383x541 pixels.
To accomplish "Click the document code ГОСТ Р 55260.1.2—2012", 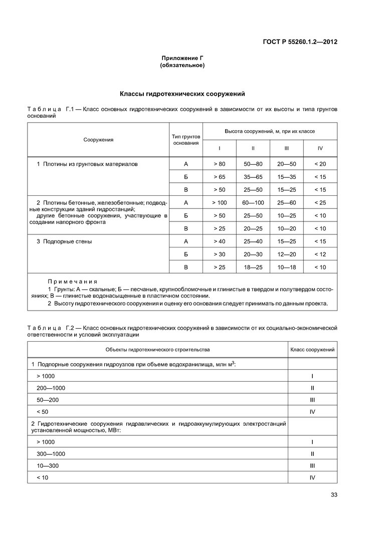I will click(300, 42).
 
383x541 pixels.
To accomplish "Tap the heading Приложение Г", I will click(182, 58).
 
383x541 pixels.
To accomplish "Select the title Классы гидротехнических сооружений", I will click(182, 94).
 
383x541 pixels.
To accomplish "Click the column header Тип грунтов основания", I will click(185, 139).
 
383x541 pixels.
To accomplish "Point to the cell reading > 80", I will click(219, 164).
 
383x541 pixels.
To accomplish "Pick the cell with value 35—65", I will click(253, 177).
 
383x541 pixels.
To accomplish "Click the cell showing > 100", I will click(219, 202).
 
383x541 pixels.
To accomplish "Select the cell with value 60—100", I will click(253, 202).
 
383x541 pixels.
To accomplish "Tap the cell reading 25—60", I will click(286, 202).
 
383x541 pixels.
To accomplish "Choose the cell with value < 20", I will click(320, 164).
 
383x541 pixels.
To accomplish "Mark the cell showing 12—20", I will click(286, 254).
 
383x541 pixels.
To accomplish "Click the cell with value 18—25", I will click(253, 267).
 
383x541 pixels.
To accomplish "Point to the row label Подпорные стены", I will click(67, 241).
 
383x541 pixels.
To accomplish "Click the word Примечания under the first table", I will click(72, 282).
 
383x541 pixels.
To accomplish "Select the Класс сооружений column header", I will click(312, 349).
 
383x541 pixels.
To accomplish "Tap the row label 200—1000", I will click(51, 388).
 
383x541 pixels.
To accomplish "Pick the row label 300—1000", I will click(51, 454).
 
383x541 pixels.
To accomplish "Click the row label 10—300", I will click(48, 466).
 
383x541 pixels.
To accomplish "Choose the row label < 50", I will click(42, 412).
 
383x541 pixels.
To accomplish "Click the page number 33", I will click(334, 495).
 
